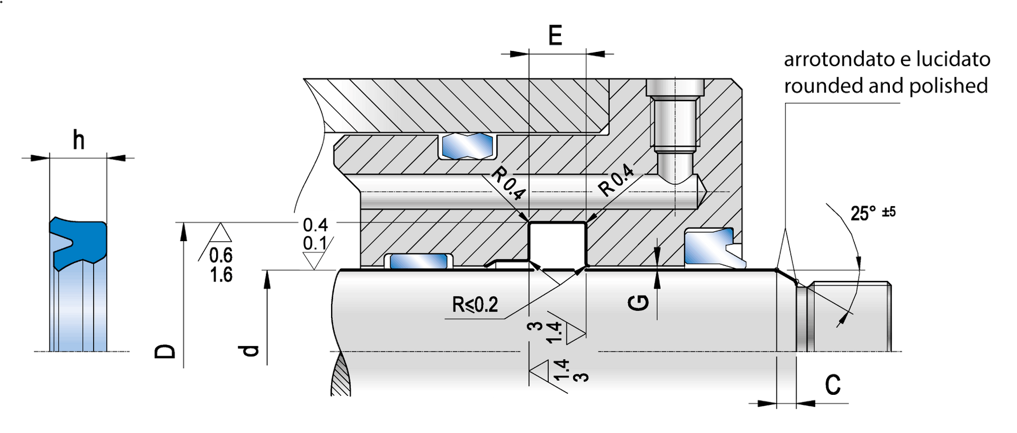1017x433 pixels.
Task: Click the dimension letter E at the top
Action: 555,36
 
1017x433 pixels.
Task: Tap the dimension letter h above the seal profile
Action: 78,140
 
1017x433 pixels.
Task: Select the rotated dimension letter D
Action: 165,351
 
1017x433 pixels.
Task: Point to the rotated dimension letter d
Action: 248,351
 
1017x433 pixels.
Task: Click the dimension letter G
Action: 639,303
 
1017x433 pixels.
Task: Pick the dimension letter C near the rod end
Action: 833,385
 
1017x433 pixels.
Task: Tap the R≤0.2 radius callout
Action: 475,305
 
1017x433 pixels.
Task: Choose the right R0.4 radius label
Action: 616,180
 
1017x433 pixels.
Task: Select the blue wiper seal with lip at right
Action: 712,246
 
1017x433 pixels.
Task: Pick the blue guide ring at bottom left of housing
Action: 419,261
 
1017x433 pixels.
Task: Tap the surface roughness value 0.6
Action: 221,255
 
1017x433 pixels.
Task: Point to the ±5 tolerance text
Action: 888,212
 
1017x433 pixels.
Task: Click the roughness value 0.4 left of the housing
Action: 315,225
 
